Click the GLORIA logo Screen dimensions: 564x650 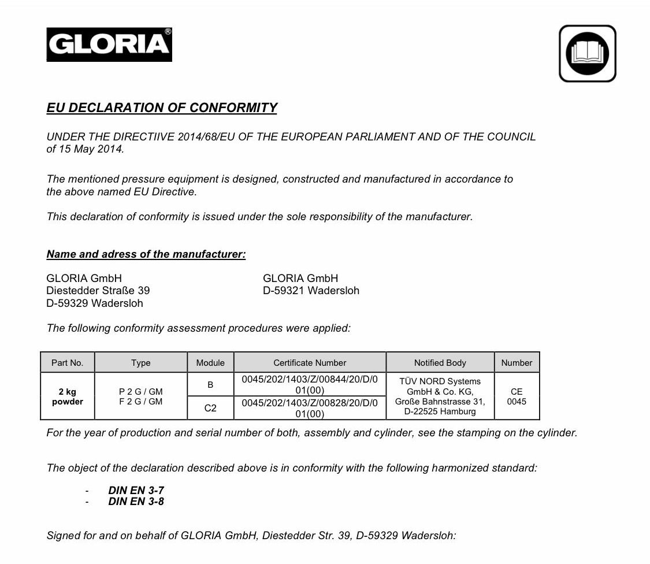109,44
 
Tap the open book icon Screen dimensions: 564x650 587,54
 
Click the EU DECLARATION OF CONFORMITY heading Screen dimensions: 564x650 162,108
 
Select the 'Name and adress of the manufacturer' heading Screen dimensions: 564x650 146,254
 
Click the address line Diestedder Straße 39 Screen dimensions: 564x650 98,291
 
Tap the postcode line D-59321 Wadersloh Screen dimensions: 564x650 311,291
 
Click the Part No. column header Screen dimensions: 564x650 68,363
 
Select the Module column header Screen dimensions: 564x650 210,363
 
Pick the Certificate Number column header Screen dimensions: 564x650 310,363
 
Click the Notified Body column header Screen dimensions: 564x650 440,363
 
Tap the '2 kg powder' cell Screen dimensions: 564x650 68,396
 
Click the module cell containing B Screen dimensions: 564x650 210,384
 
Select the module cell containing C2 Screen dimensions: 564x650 210,408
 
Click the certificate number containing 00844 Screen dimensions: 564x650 310,384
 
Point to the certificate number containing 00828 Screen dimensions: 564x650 310,408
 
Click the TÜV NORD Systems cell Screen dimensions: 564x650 440,396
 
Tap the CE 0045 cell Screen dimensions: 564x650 517,396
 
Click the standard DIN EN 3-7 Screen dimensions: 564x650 136,490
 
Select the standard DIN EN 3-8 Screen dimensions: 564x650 136,502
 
